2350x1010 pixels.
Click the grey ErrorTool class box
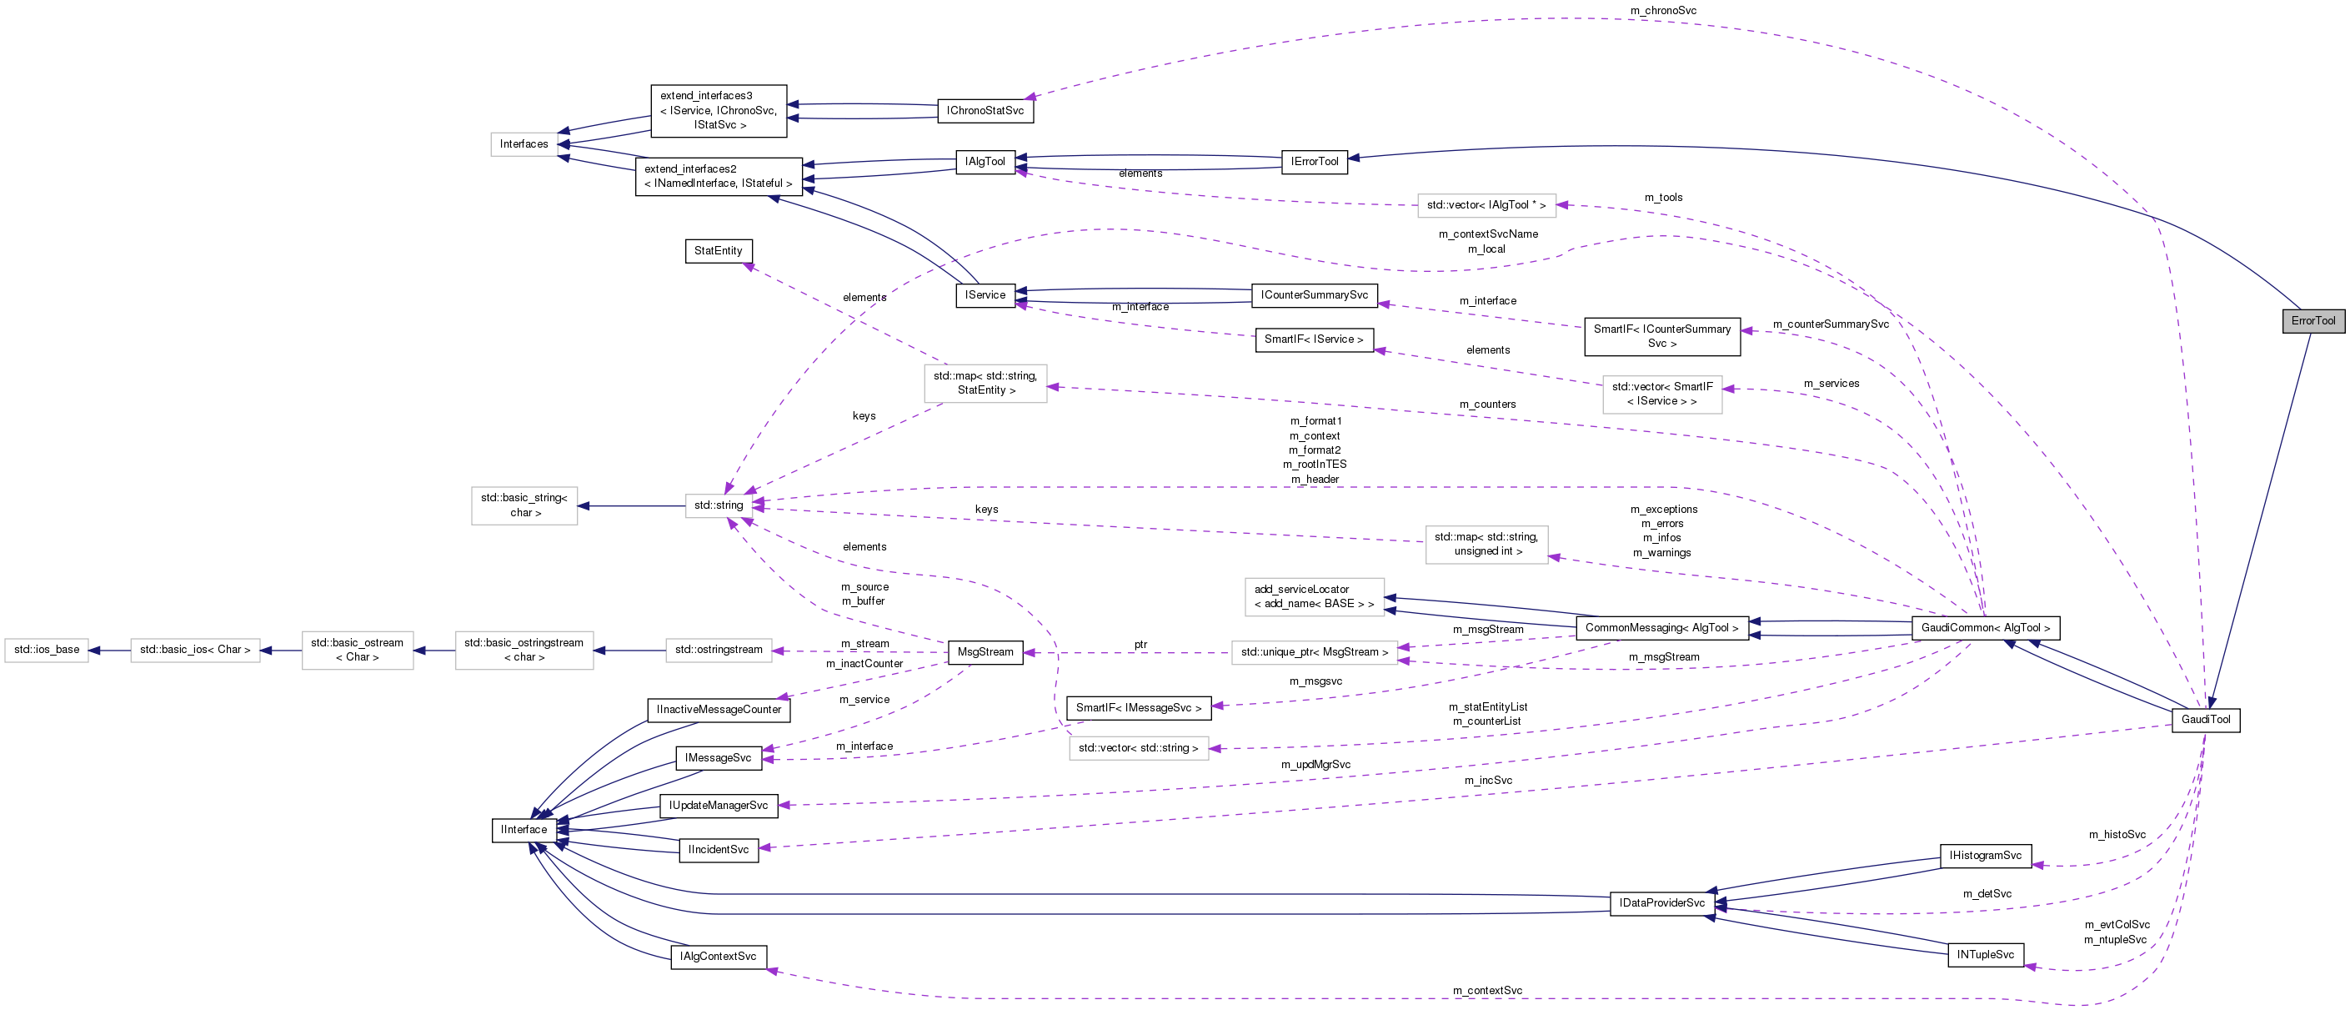tap(2312, 320)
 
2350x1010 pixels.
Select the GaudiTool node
tap(2205, 719)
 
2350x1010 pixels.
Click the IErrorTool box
tap(1314, 162)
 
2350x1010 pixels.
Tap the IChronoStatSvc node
tap(985, 110)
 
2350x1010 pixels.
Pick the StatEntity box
tap(718, 251)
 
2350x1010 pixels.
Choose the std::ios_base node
tap(47, 650)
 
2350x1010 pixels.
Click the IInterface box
tap(524, 829)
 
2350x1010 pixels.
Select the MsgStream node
tap(985, 652)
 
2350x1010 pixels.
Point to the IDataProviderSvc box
tap(1661, 903)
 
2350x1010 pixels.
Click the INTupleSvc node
tap(1985, 954)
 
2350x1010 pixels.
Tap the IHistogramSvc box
tap(1985, 855)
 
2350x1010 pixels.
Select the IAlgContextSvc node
tap(718, 956)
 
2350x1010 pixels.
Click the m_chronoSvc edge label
tap(1663, 11)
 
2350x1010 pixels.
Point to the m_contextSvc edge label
tap(1487, 990)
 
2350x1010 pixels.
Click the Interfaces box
tap(524, 144)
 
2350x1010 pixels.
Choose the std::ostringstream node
tap(718, 650)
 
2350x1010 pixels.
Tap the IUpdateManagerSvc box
tap(718, 806)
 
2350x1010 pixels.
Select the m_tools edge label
tap(1663, 197)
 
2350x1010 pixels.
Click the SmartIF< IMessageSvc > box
tap(1138, 708)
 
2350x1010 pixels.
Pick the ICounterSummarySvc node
tap(1314, 294)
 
